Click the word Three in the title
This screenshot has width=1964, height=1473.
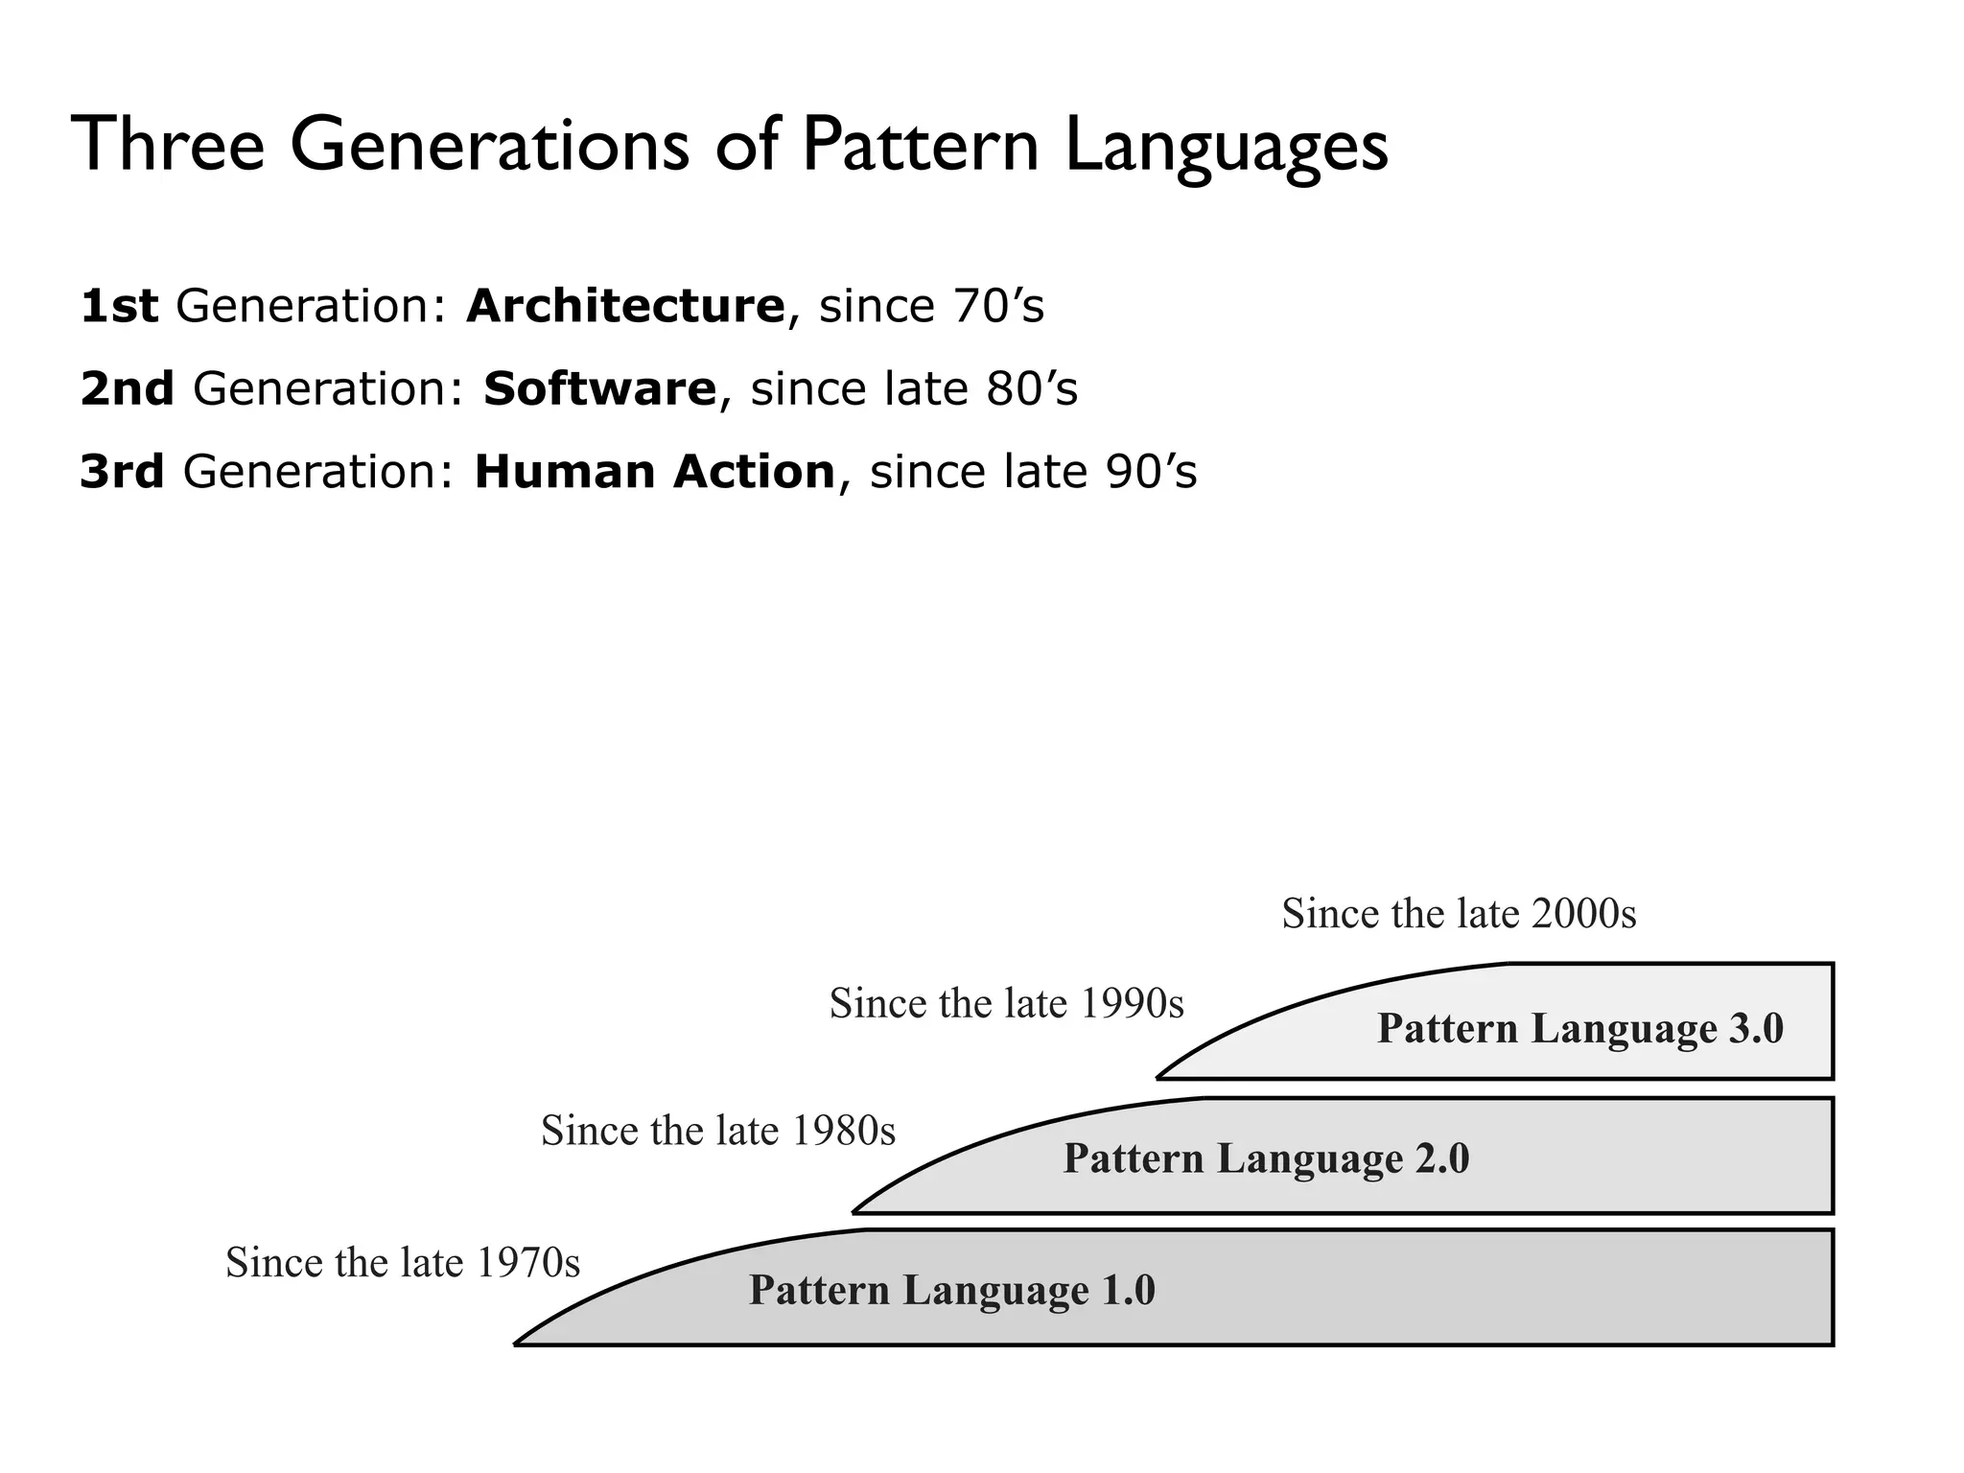click(168, 144)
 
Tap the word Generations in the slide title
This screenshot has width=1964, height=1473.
click(489, 144)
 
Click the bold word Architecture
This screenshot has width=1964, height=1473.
click(625, 306)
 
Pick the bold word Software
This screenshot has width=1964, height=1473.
click(599, 388)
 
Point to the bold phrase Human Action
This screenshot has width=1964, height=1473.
click(655, 472)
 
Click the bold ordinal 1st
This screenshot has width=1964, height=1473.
click(119, 306)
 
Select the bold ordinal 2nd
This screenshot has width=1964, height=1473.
click(127, 388)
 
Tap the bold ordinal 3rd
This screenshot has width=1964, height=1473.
click(122, 472)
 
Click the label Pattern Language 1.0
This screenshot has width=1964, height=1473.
click(951, 1290)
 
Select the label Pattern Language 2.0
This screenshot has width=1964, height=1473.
click(1266, 1158)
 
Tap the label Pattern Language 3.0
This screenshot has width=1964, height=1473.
click(1580, 1028)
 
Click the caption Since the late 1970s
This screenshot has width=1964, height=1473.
click(403, 1262)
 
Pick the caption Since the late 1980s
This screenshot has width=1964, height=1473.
click(718, 1131)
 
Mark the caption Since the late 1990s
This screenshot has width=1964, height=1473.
click(1007, 1003)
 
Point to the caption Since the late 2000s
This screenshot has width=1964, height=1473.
click(1459, 913)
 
